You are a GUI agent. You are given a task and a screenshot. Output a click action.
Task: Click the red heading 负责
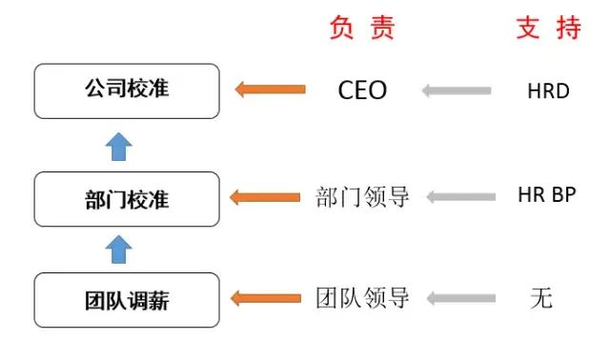coord(362,28)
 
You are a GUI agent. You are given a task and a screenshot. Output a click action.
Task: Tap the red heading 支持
coord(549,28)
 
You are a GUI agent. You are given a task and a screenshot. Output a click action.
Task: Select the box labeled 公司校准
coord(127,91)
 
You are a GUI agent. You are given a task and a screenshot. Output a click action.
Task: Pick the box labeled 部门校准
coord(127,199)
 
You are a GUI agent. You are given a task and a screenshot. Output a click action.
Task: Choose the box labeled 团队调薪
coord(127,300)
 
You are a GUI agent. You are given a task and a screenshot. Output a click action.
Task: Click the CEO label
coord(362,90)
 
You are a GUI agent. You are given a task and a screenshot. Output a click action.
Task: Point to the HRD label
coord(548,91)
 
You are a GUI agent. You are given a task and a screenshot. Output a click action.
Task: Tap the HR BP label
coord(546,194)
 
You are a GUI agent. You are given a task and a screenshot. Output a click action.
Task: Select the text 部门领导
coord(362,197)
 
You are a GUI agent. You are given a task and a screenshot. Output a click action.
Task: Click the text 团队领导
coord(362,298)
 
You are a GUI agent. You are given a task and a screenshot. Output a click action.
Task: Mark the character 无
coord(541,298)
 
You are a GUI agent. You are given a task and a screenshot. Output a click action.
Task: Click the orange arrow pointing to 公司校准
coord(271,90)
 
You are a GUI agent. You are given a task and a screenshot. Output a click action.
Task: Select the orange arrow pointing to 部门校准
coord(265,197)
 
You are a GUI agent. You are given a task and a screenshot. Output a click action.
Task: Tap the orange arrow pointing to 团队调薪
coord(266,298)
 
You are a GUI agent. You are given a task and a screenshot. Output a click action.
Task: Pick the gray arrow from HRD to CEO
coord(457,90)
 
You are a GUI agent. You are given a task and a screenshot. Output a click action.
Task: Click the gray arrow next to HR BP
coord(461,197)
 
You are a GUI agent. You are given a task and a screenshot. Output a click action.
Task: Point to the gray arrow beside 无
coord(461,298)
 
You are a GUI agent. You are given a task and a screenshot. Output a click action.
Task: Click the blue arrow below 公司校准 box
coord(118,147)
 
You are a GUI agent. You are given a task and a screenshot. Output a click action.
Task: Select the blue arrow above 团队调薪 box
coord(118,250)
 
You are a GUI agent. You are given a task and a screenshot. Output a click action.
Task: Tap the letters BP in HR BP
coord(563,194)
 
